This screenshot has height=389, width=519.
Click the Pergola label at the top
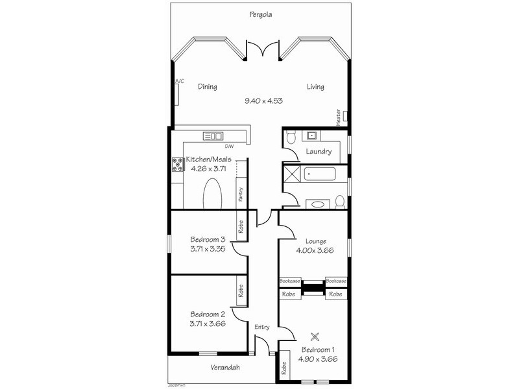click(261, 14)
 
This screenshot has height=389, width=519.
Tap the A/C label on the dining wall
click(179, 81)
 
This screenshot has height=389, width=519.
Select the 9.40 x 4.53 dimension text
click(263, 100)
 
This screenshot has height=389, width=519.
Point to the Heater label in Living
click(338, 117)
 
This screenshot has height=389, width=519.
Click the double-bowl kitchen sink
click(213, 136)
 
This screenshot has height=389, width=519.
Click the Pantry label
click(241, 194)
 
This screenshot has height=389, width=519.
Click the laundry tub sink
click(311, 136)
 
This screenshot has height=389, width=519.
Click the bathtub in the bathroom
click(318, 174)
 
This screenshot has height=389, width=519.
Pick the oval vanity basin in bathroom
click(317, 204)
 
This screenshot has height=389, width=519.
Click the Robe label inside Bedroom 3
click(241, 227)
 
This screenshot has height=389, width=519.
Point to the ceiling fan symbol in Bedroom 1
click(315, 336)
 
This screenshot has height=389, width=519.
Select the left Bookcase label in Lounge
click(290, 281)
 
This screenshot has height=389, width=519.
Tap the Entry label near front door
click(261, 327)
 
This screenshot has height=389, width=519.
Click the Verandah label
click(225, 368)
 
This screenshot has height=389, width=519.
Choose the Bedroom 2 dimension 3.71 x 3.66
click(207, 324)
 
